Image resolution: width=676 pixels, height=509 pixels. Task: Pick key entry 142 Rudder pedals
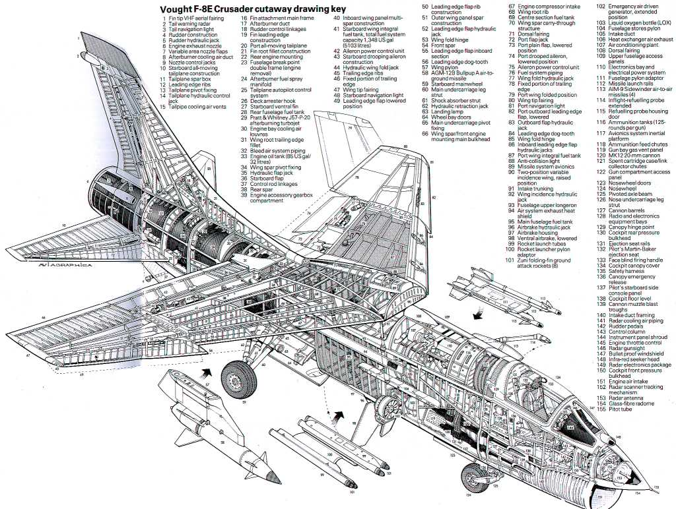(625, 325)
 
